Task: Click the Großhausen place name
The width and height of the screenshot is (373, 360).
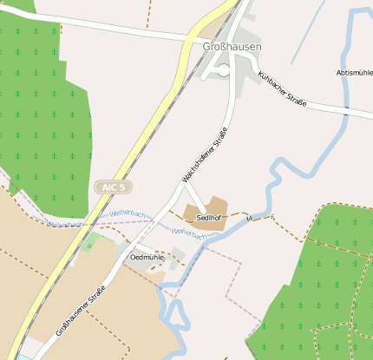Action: coord(231,46)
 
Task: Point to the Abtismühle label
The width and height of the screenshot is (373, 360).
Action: coord(354,73)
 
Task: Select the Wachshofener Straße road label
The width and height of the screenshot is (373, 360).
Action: coord(206,153)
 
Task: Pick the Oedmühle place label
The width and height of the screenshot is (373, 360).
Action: coord(146,258)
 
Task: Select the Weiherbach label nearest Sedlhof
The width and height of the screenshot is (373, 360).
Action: coord(189,232)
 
